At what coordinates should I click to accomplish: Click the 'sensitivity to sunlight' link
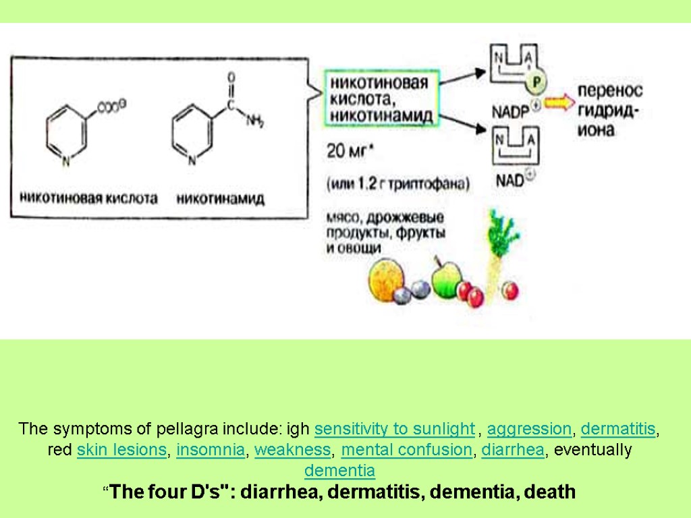395,428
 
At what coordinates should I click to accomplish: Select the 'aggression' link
529,428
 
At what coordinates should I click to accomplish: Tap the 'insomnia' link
211,450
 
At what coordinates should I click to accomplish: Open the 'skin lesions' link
121,450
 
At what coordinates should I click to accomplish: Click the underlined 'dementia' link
339,470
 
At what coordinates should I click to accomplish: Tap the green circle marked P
536,82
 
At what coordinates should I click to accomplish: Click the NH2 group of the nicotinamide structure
254,121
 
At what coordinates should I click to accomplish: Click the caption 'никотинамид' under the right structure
221,198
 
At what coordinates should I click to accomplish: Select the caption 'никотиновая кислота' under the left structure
88,198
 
